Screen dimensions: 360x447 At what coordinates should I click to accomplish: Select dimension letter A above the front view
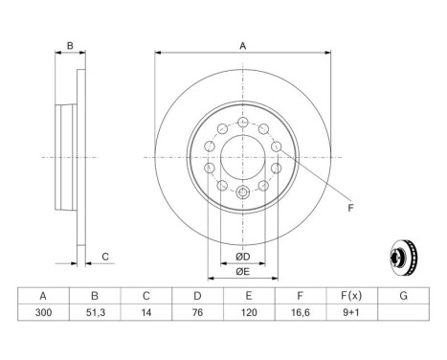pyautogui.click(x=242, y=46)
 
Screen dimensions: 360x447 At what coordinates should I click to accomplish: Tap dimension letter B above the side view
pyautogui.click(x=69, y=46)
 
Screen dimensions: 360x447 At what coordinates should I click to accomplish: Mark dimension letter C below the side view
pyautogui.click(x=106, y=256)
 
